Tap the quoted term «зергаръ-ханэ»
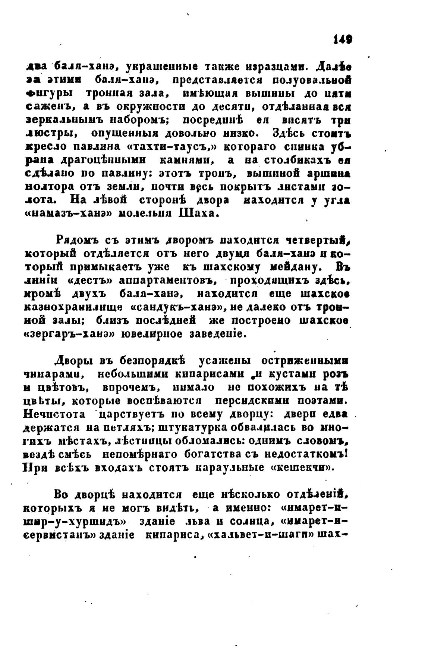[69, 334]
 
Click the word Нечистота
[55, 414]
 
